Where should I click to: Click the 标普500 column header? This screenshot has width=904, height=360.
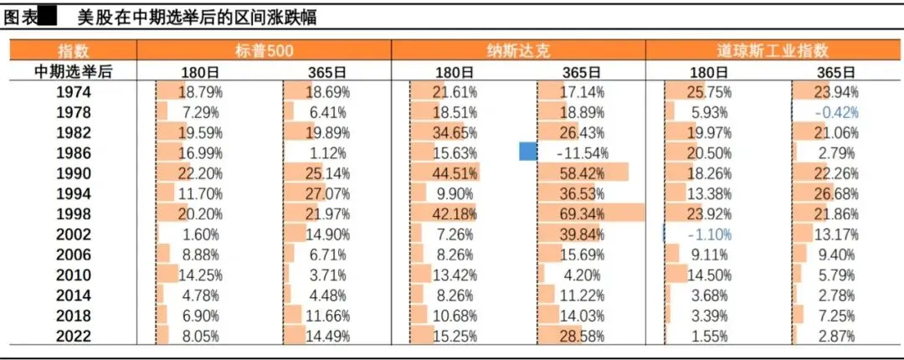pyautogui.click(x=264, y=50)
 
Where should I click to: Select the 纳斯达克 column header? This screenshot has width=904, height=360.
pyautogui.click(x=518, y=50)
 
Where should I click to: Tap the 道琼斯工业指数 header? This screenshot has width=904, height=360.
pyautogui.click(x=773, y=50)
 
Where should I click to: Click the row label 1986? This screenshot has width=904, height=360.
pyautogui.click(x=74, y=153)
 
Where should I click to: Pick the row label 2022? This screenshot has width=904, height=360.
pyautogui.click(x=74, y=336)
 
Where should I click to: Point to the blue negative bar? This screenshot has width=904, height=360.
pyautogui.click(x=528, y=152)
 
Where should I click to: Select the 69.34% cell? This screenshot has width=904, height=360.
pyautogui.click(x=583, y=214)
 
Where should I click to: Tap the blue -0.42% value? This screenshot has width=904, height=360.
pyautogui.click(x=836, y=112)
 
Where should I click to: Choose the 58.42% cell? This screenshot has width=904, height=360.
pyautogui.click(x=583, y=173)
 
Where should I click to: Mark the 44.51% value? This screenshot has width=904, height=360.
pyautogui.click(x=455, y=173)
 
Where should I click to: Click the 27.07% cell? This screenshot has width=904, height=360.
pyautogui.click(x=327, y=193)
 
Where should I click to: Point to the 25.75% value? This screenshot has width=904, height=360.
pyautogui.click(x=709, y=92)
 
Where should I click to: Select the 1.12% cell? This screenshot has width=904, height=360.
pyautogui.click(x=327, y=153)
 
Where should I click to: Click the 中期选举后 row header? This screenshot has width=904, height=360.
pyautogui.click(x=74, y=71)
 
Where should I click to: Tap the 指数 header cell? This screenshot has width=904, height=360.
pyautogui.click(x=74, y=50)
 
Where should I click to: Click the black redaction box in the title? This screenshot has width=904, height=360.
pyautogui.click(x=47, y=18)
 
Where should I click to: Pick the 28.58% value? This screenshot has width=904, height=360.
pyautogui.click(x=583, y=336)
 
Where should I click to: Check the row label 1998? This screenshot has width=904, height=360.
pyautogui.click(x=74, y=214)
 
